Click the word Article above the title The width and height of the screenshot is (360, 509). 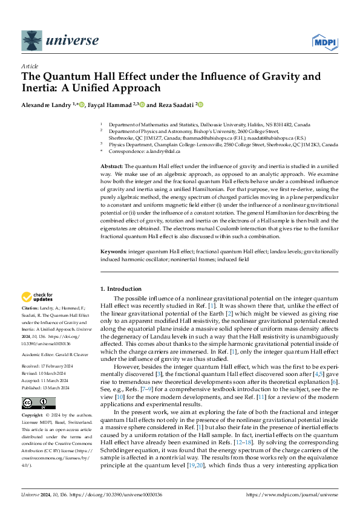coord(29,65)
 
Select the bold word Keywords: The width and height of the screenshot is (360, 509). coord(113,250)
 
